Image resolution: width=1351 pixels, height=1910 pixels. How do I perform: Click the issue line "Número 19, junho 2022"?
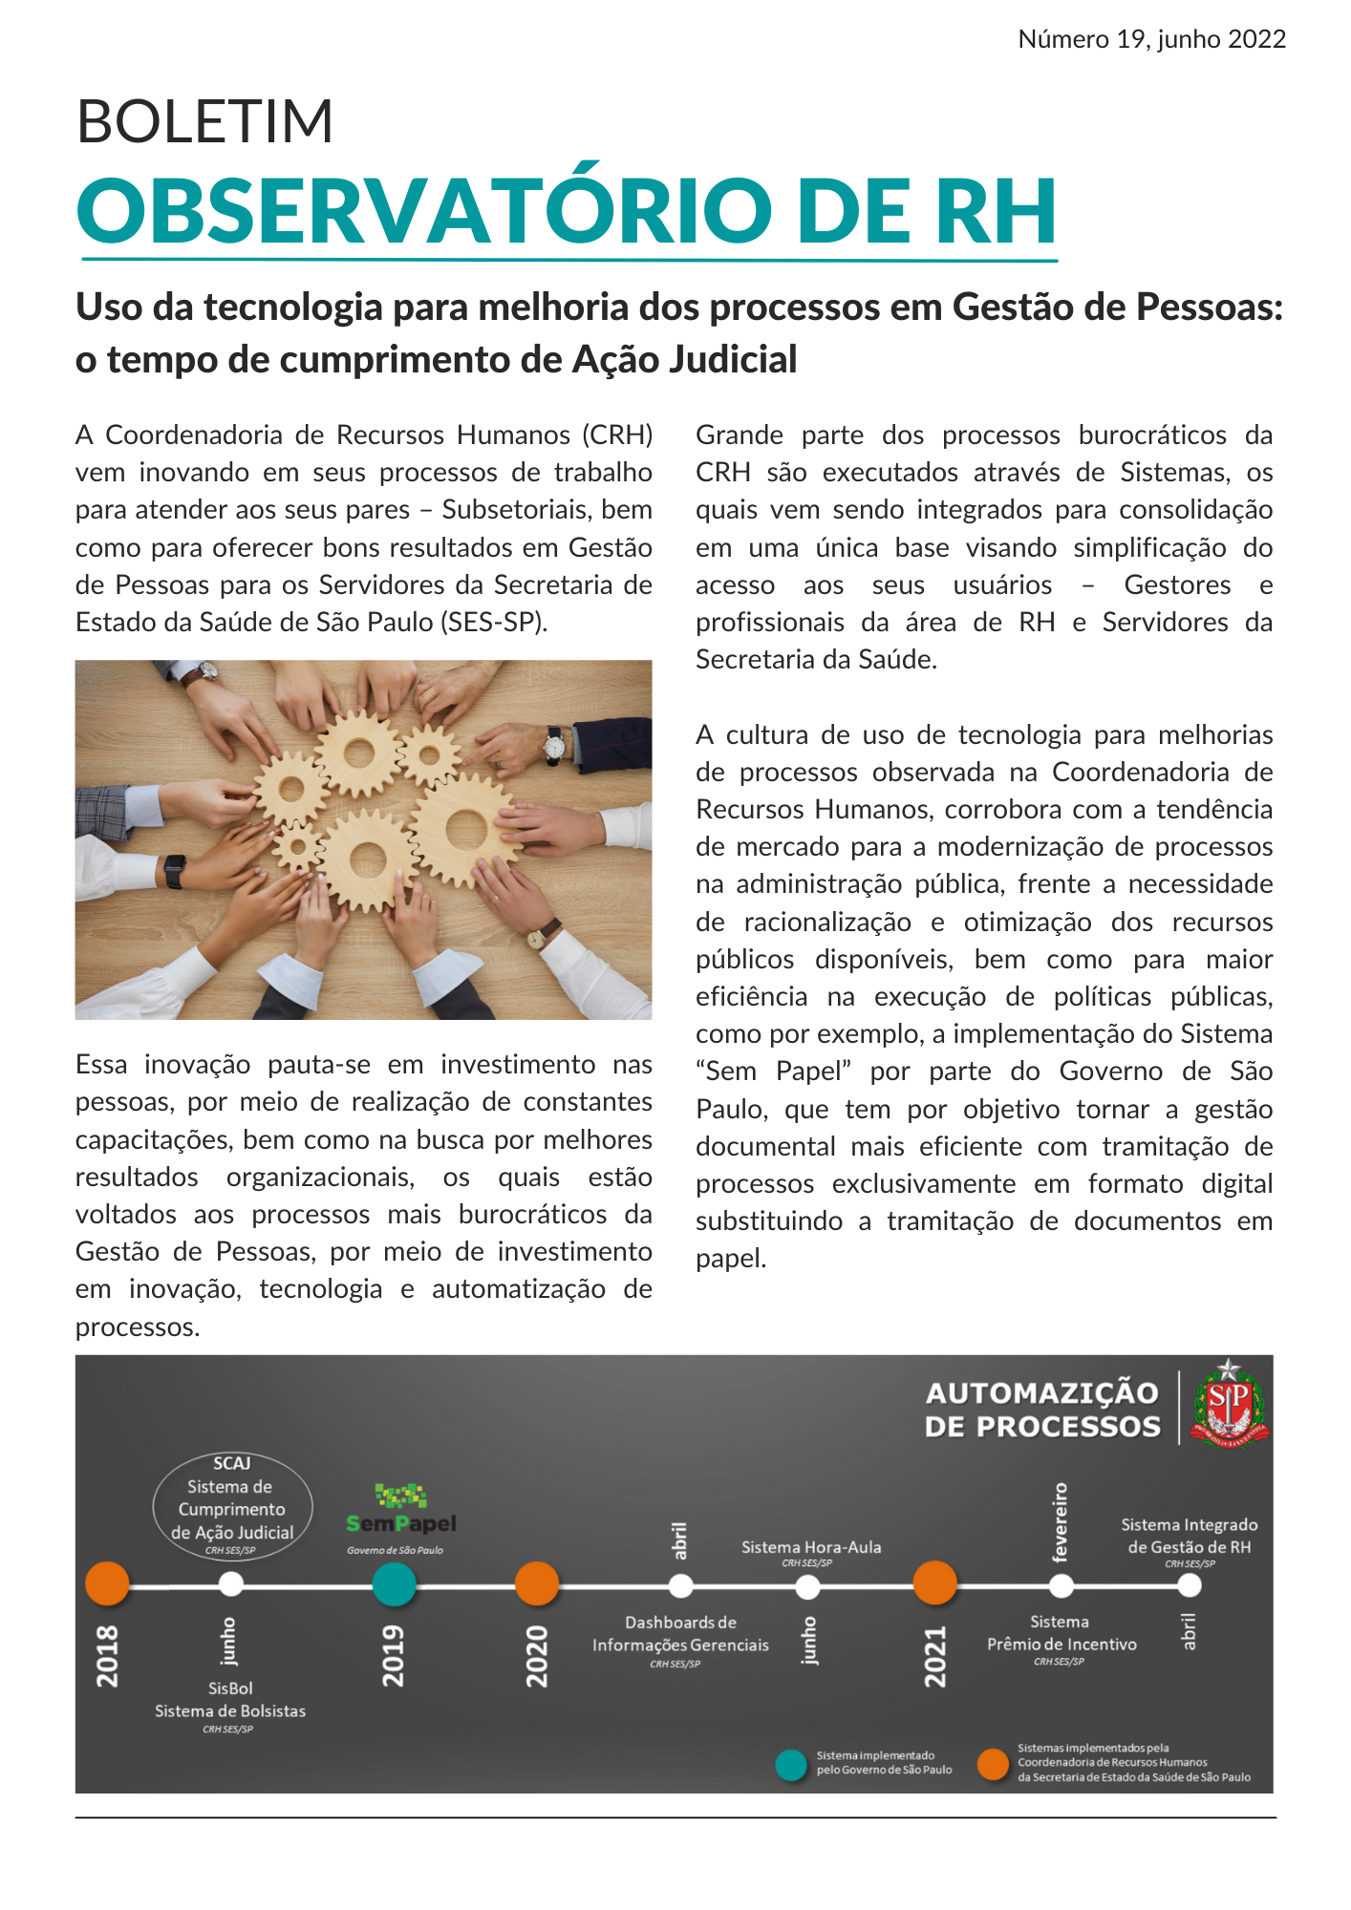tap(1151, 39)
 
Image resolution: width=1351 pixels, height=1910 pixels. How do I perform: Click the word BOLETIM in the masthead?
tap(204, 121)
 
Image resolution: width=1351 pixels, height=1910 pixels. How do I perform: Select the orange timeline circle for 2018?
tap(107, 1583)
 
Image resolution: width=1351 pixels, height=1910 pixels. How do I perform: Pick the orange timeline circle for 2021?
tap(934, 1583)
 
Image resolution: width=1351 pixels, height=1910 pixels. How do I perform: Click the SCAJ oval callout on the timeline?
tap(232, 1507)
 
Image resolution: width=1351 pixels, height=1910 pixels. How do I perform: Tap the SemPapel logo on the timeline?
tap(401, 1511)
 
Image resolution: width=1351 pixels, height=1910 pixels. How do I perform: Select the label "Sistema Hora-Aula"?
tap(811, 1547)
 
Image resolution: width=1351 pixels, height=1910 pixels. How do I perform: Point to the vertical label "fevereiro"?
tap(1060, 1521)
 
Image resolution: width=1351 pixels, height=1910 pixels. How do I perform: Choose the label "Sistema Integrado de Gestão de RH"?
tap(1189, 1536)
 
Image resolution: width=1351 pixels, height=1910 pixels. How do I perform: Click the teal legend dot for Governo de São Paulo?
tap(791, 1764)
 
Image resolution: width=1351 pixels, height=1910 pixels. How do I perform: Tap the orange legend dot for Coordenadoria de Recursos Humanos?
tap(994, 1764)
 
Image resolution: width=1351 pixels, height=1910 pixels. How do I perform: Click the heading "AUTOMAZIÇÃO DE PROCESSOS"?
tap(1042, 1410)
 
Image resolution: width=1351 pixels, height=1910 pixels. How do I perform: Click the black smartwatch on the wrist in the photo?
tap(174, 871)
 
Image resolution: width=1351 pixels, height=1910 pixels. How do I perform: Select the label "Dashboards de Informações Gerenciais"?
tap(680, 1634)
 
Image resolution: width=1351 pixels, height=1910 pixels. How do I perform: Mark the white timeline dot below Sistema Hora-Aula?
tap(807, 1586)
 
